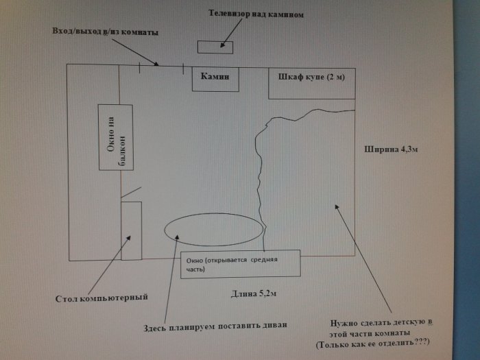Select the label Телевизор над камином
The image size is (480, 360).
pyautogui.click(x=256, y=14)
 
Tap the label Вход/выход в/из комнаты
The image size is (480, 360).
pyautogui.click(x=105, y=32)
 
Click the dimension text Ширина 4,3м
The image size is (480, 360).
pyautogui.click(x=391, y=149)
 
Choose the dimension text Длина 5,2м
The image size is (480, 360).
pyautogui.click(x=254, y=293)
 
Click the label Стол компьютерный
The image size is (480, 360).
pyautogui.click(x=101, y=298)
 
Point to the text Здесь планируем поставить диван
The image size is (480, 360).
pyautogui.click(x=215, y=326)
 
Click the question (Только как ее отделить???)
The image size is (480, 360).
pyautogui.click(x=373, y=343)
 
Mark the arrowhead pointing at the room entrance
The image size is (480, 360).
pyautogui.click(x=156, y=64)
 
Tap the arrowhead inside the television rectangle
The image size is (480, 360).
pyautogui.click(x=222, y=45)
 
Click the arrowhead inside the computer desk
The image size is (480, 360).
pyautogui.click(x=129, y=238)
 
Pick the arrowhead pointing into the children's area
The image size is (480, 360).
pyautogui.click(x=337, y=207)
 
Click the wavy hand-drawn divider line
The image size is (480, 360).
pyautogui.click(x=260, y=178)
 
